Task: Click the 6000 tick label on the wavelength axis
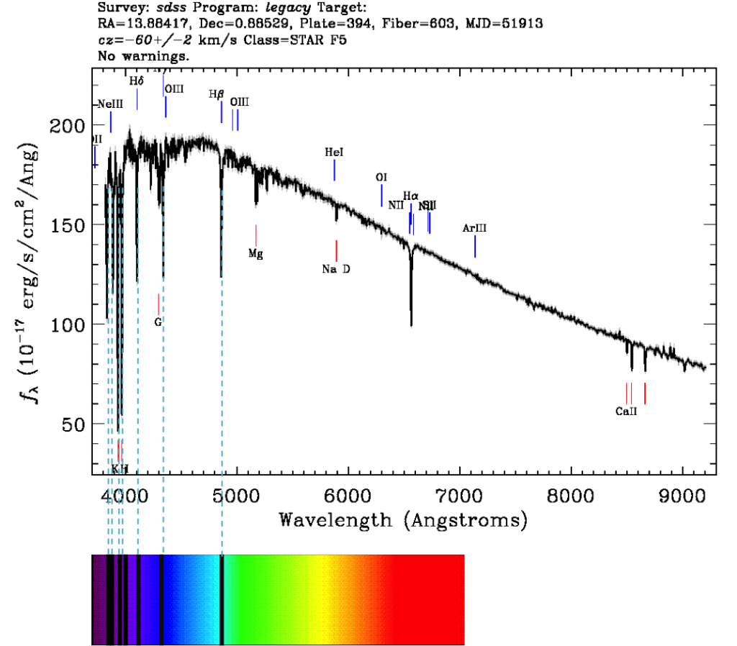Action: point(348,496)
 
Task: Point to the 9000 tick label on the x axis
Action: point(682,496)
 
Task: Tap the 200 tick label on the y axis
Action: point(69,126)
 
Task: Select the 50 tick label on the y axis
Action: point(75,424)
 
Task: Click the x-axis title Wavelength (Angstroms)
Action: point(403,519)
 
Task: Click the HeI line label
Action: point(334,153)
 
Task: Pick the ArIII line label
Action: point(475,228)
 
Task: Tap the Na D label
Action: point(336,269)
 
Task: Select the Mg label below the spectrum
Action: point(256,253)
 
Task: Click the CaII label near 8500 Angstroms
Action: point(626,412)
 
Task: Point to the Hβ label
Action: point(217,94)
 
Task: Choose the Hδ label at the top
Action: point(137,81)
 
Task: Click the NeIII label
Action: point(110,104)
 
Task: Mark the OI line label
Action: point(381,177)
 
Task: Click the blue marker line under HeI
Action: point(335,170)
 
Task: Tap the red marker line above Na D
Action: point(336,250)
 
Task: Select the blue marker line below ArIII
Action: point(475,246)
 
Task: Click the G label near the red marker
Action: point(158,322)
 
